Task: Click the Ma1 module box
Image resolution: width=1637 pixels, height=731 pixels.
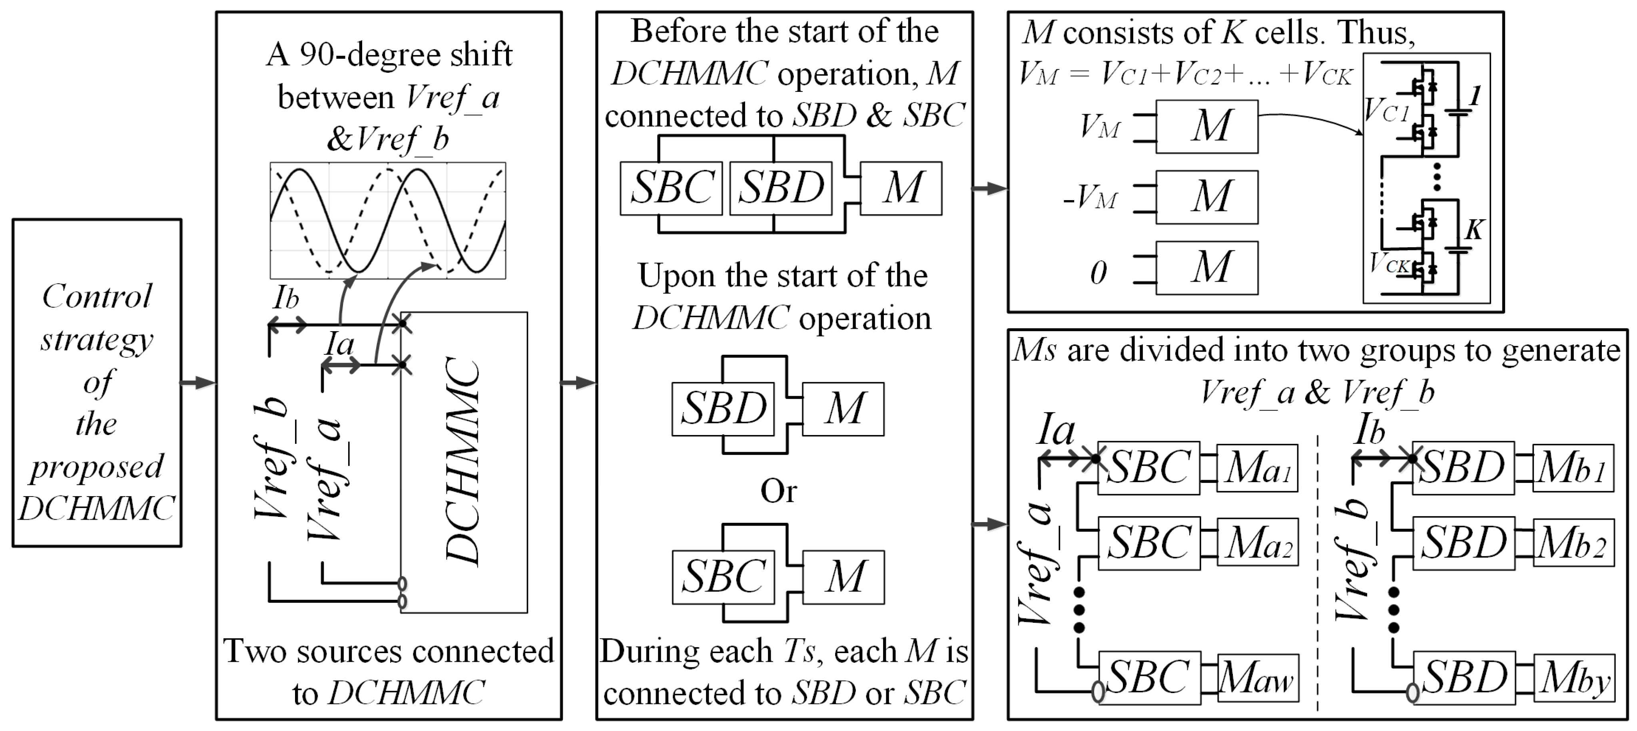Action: point(1257,469)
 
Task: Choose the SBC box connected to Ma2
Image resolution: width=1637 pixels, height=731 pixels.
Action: point(1149,543)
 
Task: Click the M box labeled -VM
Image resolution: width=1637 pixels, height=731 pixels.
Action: point(1206,197)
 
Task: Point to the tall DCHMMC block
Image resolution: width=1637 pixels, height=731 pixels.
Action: point(463,462)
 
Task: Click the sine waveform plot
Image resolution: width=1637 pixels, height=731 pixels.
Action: point(388,220)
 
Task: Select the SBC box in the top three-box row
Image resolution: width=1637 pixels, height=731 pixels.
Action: point(671,188)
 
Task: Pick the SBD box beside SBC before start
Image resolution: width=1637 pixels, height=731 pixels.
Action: point(781,188)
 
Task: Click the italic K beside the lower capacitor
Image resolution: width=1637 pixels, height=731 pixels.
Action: point(1473,230)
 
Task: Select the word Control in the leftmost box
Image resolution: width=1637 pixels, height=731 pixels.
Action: point(97,296)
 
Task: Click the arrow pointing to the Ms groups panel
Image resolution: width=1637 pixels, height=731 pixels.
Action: point(989,524)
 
